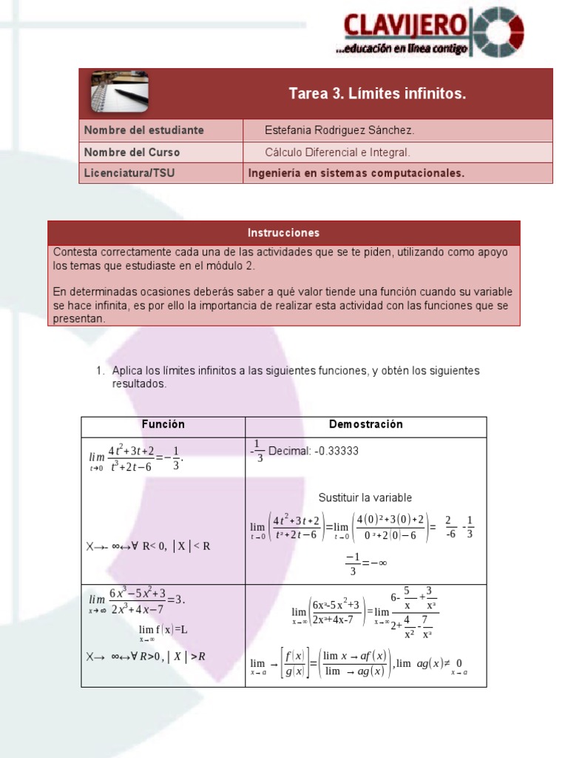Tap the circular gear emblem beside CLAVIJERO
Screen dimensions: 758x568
[498, 31]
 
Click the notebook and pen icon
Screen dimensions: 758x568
[120, 93]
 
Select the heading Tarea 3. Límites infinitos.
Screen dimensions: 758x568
[377, 94]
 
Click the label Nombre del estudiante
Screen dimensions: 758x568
[143, 130]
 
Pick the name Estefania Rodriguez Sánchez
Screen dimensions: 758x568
[339, 130]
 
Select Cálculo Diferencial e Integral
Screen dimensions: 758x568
[337, 152]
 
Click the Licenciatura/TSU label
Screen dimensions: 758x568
[129, 173]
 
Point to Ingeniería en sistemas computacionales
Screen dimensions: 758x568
[356, 173]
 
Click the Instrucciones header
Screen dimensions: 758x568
[283, 232]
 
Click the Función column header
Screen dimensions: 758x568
[163, 424]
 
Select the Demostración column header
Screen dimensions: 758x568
[365, 424]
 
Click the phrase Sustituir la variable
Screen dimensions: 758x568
[365, 497]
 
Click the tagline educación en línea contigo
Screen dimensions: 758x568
[401, 50]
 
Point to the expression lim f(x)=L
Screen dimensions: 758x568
[163, 629]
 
